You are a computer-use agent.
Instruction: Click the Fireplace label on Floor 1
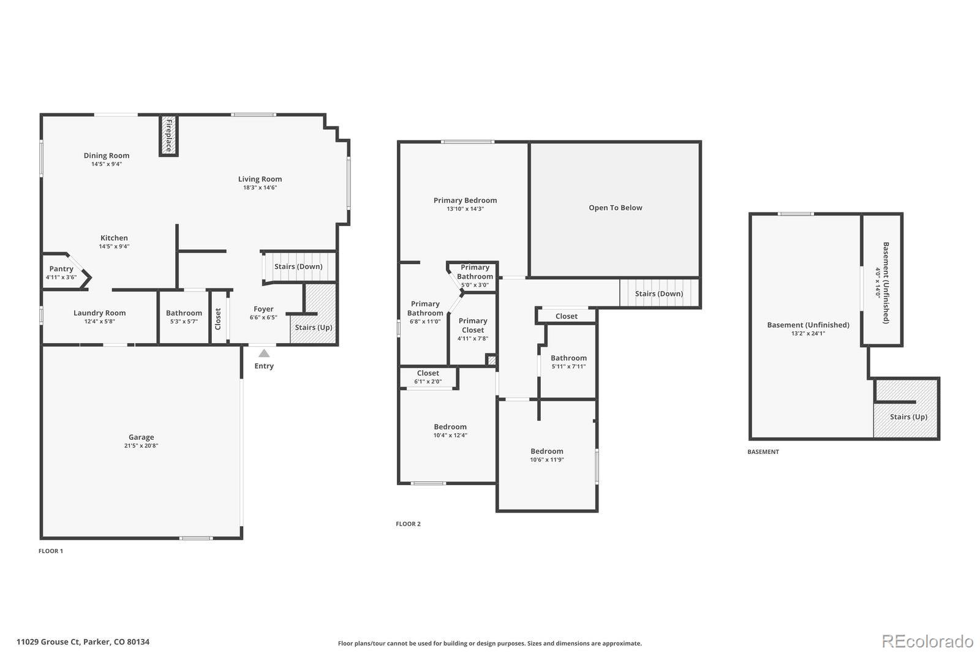pyautogui.click(x=168, y=135)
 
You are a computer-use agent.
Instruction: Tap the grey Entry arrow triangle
pyautogui.click(x=264, y=353)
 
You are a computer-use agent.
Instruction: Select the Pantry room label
pyautogui.click(x=61, y=269)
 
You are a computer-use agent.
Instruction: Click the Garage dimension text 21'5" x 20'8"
pyautogui.click(x=141, y=446)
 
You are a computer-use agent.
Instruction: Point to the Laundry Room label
pyautogui.click(x=99, y=313)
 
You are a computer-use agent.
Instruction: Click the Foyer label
pyautogui.click(x=263, y=309)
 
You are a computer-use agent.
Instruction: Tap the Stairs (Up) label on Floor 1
pyautogui.click(x=314, y=327)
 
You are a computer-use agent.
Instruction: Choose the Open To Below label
pyautogui.click(x=616, y=208)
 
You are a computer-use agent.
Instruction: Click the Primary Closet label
pyautogui.click(x=473, y=325)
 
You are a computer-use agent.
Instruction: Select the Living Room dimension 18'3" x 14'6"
pyautogui.click(x=260, y=188)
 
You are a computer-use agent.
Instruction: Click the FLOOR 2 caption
pyautogui.click(x=408, y=524)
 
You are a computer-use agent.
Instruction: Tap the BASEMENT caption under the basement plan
pyautogui.click(x=763, y=452)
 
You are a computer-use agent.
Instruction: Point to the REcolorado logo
pyautogui.click(x=927, y=641)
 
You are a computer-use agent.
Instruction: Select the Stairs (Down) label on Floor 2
pyautogui.click(x=658, y=293)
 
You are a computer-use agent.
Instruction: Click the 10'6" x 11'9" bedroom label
pyautogui.click(x=547, y=460)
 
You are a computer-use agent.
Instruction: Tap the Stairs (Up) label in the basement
pyautogui.click(x=908, y=417)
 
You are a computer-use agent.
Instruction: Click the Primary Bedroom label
pyautogui.click(x=465, y=200)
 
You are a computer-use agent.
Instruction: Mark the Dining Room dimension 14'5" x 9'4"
pyautogui.click(x=107, y=164)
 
